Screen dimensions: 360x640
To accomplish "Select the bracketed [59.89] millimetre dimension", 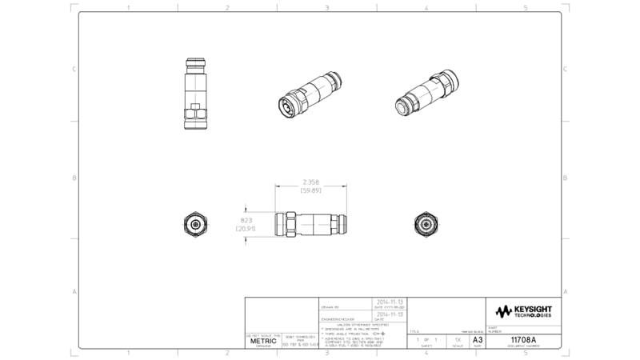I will (x=310, y=191).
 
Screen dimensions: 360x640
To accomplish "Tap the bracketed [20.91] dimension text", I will (x=245, y=230).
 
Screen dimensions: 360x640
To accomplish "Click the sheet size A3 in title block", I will (x=478, y=340).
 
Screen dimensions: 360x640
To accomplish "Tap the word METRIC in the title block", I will (x=263, y=341).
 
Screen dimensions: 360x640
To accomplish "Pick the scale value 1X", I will (x=457, y=340).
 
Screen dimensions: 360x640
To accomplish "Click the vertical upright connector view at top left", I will (x=194, y=94).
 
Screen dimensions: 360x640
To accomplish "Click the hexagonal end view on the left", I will (x=195, y=225).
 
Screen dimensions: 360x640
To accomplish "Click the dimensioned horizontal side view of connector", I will (x=310, y=225).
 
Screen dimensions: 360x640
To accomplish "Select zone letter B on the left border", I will (x=74, y=178).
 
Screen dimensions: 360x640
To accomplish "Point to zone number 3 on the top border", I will (x=327, y=8).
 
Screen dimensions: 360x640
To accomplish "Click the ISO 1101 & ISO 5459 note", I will (x=300, y=343).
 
